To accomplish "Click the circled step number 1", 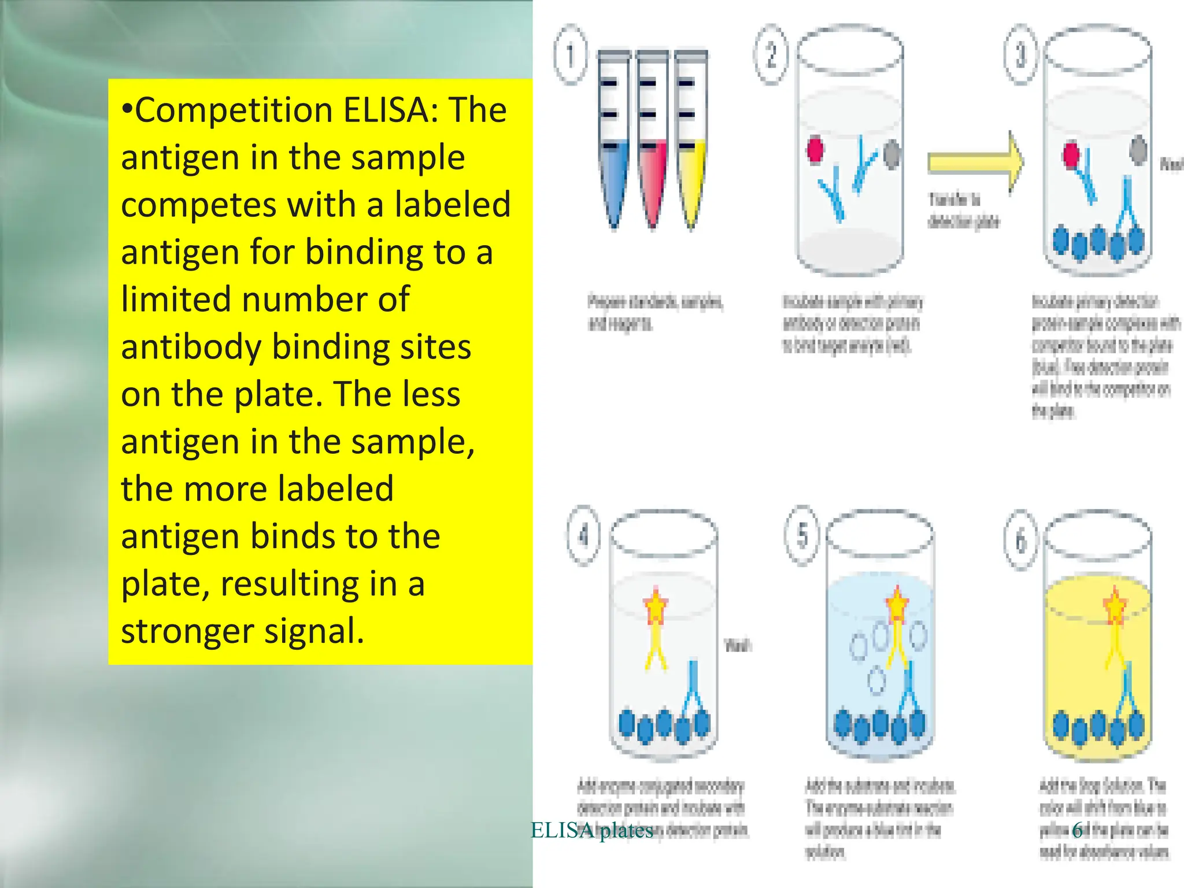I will click(x=571, y=55).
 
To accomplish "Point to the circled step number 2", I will click(x=771, y=55).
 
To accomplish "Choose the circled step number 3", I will click(x=1021, y=55).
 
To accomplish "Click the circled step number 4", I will click(x=583, y=535).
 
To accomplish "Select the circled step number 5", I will click(x=802, y=535).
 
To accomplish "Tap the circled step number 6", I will click(x=1021, y=541).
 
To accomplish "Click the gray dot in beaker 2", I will click(x=892, y=153).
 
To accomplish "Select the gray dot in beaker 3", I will click(x=1138, y=150).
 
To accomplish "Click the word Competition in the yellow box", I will click(x=234, y=110).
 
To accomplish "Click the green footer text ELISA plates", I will click(x=591, y=830).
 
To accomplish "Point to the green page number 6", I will click(x=1077, y=830).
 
